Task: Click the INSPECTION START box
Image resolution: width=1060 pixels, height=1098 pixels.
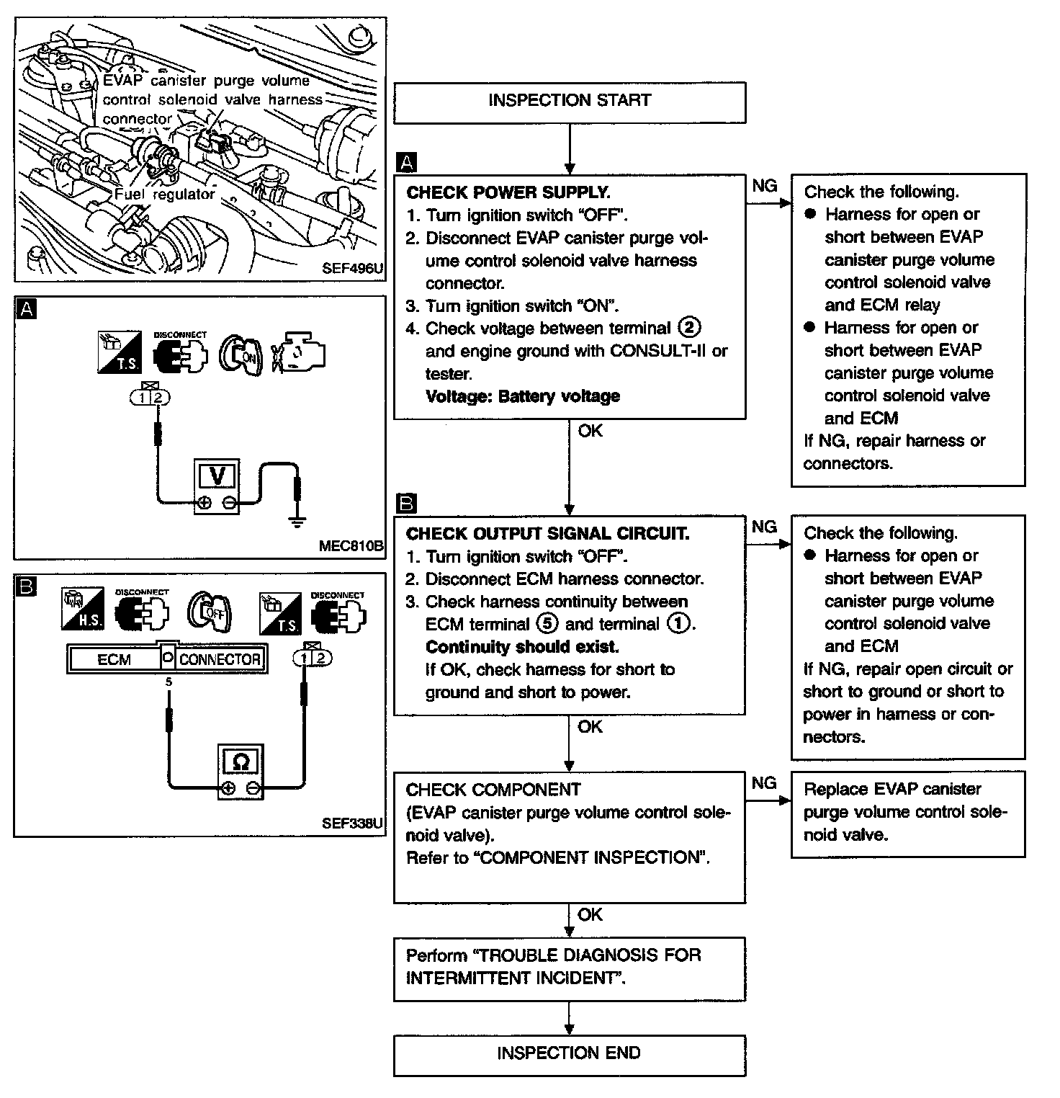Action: click(x=569, y=102)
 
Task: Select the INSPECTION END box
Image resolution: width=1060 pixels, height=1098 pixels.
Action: click(x=569, y=1055)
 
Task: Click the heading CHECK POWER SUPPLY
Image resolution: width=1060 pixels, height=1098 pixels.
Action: click(x=508, y=192)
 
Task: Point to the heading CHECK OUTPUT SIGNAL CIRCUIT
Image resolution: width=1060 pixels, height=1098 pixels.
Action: click(x=547, y=534)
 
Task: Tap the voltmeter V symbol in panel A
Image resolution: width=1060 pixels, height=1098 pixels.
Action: click(x=217, y=476)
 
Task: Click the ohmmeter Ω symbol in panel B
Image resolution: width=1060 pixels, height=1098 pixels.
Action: click(x=241, y=762)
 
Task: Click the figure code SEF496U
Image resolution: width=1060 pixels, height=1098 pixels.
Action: click(x=352, y=268)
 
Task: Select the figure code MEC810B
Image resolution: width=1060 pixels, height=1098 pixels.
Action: click(x=351, y=545)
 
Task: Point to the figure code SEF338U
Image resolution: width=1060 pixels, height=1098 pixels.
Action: click(x=352, y=823)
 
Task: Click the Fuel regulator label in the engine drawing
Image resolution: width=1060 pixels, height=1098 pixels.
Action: click(x=165, y=195)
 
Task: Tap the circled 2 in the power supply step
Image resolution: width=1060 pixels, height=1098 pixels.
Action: click(x=688, y=328)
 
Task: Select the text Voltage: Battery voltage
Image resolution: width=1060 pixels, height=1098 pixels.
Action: click(x=523, y=396)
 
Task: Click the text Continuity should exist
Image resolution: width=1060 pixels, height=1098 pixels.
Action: click(x=522, y=646)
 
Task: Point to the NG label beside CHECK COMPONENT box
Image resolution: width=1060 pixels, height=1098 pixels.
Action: click(x=764, y=783)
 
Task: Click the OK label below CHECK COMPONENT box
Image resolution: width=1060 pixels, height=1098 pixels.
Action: click(x=590, y=914)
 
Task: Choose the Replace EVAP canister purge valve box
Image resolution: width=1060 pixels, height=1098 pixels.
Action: click(x=907, y=813)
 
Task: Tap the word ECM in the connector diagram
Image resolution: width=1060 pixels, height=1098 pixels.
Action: click(x=114, y=659)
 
